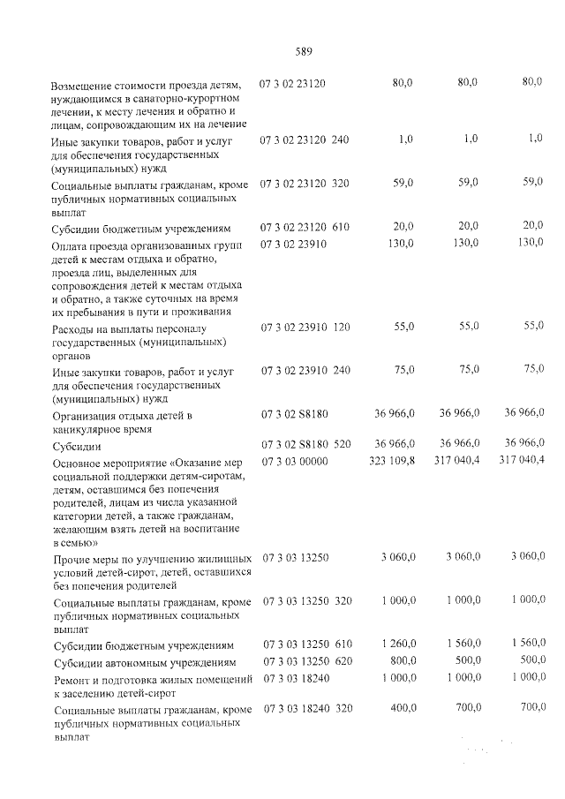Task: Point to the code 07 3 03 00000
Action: (x=295, y=462)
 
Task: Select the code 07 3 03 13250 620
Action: (x=307, y=661)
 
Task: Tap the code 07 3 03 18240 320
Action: (x=307, y=709)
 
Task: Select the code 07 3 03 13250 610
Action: (x=307, y=644)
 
